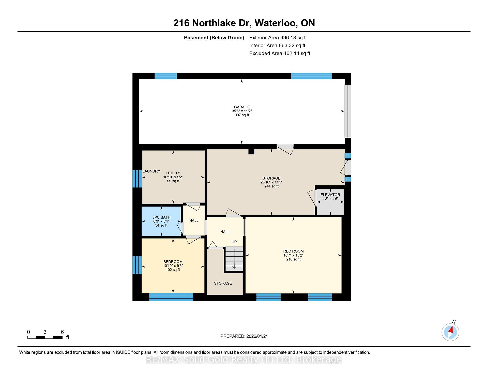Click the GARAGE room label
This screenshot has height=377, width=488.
pyautogui.click(x=242, y=107)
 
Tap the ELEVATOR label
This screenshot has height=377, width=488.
pyautogui.click(x=330, y=195)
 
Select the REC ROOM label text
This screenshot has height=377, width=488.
pyautogui.click(x=293, y=251)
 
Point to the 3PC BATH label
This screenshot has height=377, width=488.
pyautogui.click(x=161, y=217)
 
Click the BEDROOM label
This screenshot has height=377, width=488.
pyautogui.click(x=173, y=262)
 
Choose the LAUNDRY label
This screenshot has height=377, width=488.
pyautogui.click(x=151, y=171)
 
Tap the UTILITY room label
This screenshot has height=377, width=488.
pyautogui.click(x=173, y=173)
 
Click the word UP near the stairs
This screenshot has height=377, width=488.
pyautogui.click(x=234, y=242)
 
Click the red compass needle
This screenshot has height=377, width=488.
pyautogui.click(x=451, y=330)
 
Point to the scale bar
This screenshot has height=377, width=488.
pyautogui.click(x=45, y=337)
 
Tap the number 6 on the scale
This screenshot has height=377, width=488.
pyautogui.click(x=62, y=332)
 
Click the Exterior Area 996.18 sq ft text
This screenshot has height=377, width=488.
pyautogui.click(x=278, y=38)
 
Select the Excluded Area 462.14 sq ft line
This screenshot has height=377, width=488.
pyautogui.click(x=280, y=53)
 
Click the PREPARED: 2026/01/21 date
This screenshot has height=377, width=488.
pyautogui.click(x=244, y=336)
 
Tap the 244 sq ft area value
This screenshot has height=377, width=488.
pyautogui.click(x=271, y=186)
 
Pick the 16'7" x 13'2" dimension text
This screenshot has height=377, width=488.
pyautogui.click(x=293, y=255)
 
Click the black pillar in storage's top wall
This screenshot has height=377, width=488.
pyautogui.click(x=251, y=151)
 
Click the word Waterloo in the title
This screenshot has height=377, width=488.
pyautogui.click(x=276, y=23)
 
